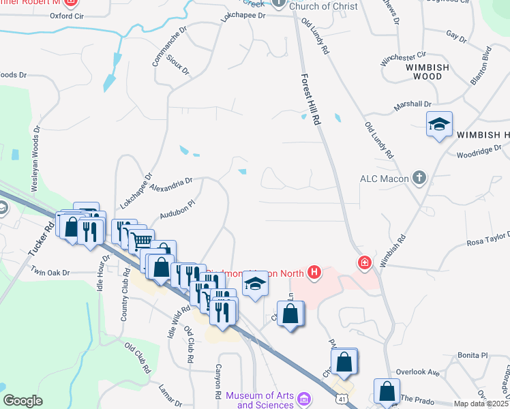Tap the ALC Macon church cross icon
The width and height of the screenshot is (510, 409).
point(419,179)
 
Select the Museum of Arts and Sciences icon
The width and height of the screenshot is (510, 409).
point(304,397)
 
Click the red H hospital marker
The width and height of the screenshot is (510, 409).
point(314,273)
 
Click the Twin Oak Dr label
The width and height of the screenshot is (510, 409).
point(50,271)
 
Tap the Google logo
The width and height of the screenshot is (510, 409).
point(22,401)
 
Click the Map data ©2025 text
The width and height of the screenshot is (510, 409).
point(481,404)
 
